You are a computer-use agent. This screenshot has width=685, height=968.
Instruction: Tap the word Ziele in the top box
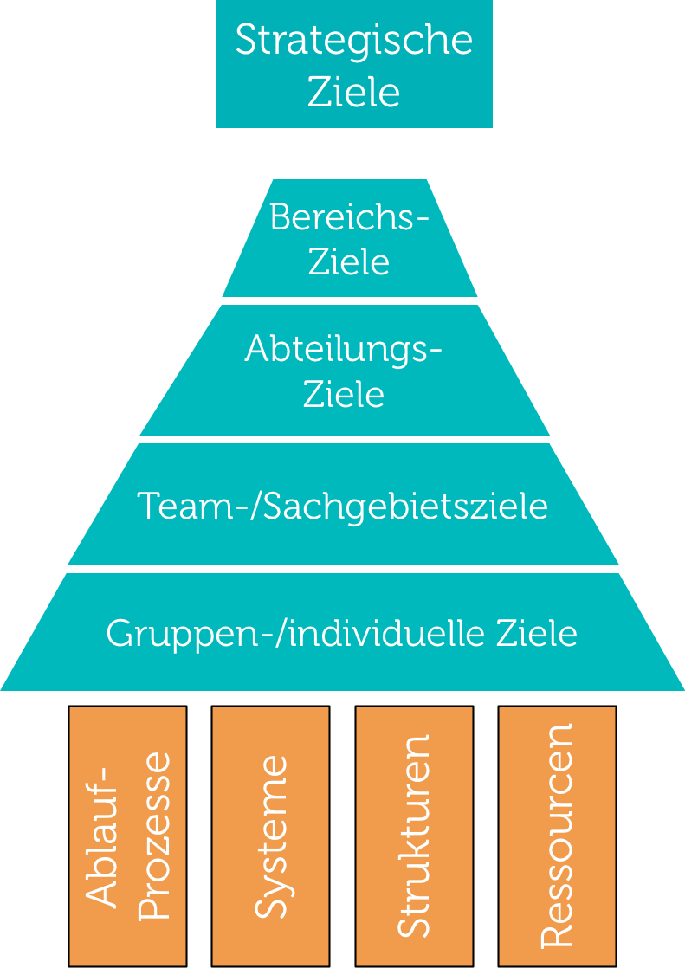354,93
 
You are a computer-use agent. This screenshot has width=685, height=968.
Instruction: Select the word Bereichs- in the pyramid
349,217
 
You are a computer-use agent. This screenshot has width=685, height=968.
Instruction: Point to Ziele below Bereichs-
349,261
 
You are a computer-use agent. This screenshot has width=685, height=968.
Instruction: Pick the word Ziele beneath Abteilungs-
344,394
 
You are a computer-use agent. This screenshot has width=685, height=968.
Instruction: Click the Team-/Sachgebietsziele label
342,507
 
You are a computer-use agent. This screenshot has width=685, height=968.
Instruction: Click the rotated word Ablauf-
101,837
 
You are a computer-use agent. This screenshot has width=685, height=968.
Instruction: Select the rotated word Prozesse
153,836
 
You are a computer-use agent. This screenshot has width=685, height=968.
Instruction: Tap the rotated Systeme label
271,837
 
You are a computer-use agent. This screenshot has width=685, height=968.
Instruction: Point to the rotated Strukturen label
413,836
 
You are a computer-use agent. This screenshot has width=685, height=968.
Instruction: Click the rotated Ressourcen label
557,836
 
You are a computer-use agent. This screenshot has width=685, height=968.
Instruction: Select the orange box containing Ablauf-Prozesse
128,836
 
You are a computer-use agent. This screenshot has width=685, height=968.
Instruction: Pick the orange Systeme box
270,836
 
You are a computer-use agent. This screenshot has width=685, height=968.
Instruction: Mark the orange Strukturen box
414,836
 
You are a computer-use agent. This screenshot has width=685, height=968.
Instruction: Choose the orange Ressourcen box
557,836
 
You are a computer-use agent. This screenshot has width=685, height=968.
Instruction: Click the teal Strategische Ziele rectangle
354,64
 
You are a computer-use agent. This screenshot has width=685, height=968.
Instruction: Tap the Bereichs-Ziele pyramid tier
350,238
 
